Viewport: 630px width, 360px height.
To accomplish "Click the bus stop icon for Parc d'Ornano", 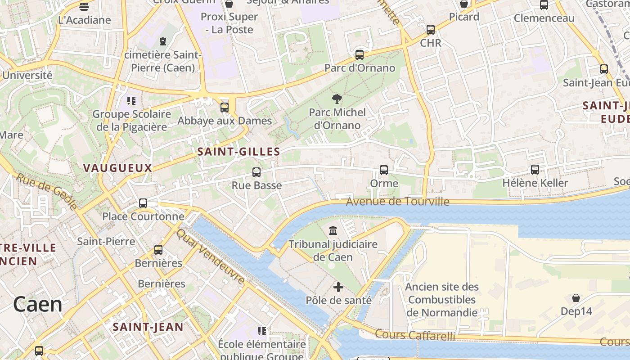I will [359, 55].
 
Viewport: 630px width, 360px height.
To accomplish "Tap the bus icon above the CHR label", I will [431, 30].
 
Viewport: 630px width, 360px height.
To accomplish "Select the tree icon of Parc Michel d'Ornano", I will [337, 99].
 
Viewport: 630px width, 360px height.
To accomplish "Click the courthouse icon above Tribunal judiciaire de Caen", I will [333, 230].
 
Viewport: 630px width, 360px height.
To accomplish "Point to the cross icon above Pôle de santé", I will [338, 287].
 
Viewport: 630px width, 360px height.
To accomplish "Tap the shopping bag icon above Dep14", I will [576, 297].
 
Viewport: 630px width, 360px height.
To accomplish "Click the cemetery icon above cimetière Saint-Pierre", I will [162, 41].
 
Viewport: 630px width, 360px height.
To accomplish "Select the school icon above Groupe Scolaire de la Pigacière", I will [131, 100].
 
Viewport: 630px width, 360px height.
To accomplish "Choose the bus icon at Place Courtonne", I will [143, 203].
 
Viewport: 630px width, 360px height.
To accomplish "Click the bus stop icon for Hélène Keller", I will [535, 170].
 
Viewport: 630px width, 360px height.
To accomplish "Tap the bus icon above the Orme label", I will [384, 170].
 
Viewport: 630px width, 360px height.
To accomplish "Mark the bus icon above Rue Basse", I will [256, 172].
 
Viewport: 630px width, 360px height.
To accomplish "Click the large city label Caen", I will [37, 305].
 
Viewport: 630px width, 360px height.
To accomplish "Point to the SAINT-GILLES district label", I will [239, 152].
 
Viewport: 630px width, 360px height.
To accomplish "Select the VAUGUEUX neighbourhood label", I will [117, 168].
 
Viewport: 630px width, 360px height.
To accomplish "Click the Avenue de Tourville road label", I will [397, 201].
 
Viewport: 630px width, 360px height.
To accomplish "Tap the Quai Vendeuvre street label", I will [211, 257].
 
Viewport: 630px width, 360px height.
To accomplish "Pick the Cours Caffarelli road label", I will [414, 335].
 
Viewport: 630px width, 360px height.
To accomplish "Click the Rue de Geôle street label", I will [47, 191].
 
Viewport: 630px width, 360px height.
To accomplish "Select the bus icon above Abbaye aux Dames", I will [224, 108].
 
